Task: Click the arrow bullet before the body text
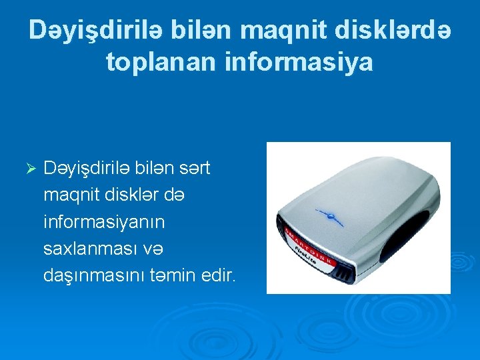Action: tap(28, 169)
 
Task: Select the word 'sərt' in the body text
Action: tap(195, 169)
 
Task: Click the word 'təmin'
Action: tap(179, 275)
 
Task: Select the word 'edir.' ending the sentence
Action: tap(221, 275)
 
